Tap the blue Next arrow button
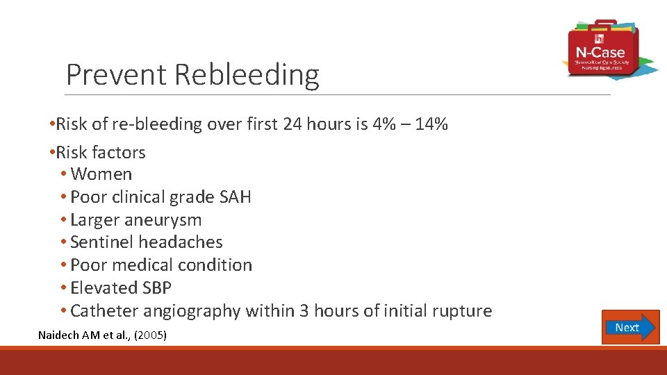[x=630, y=327]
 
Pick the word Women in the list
[x=101, y=174]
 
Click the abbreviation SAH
[x=235, y=197]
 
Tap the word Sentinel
[x=102, y=242]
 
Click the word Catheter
[x=103, y=310]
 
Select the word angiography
[x=183, y=310]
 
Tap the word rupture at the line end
[x=461, y=310]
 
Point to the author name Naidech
[x=59, y=335]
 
